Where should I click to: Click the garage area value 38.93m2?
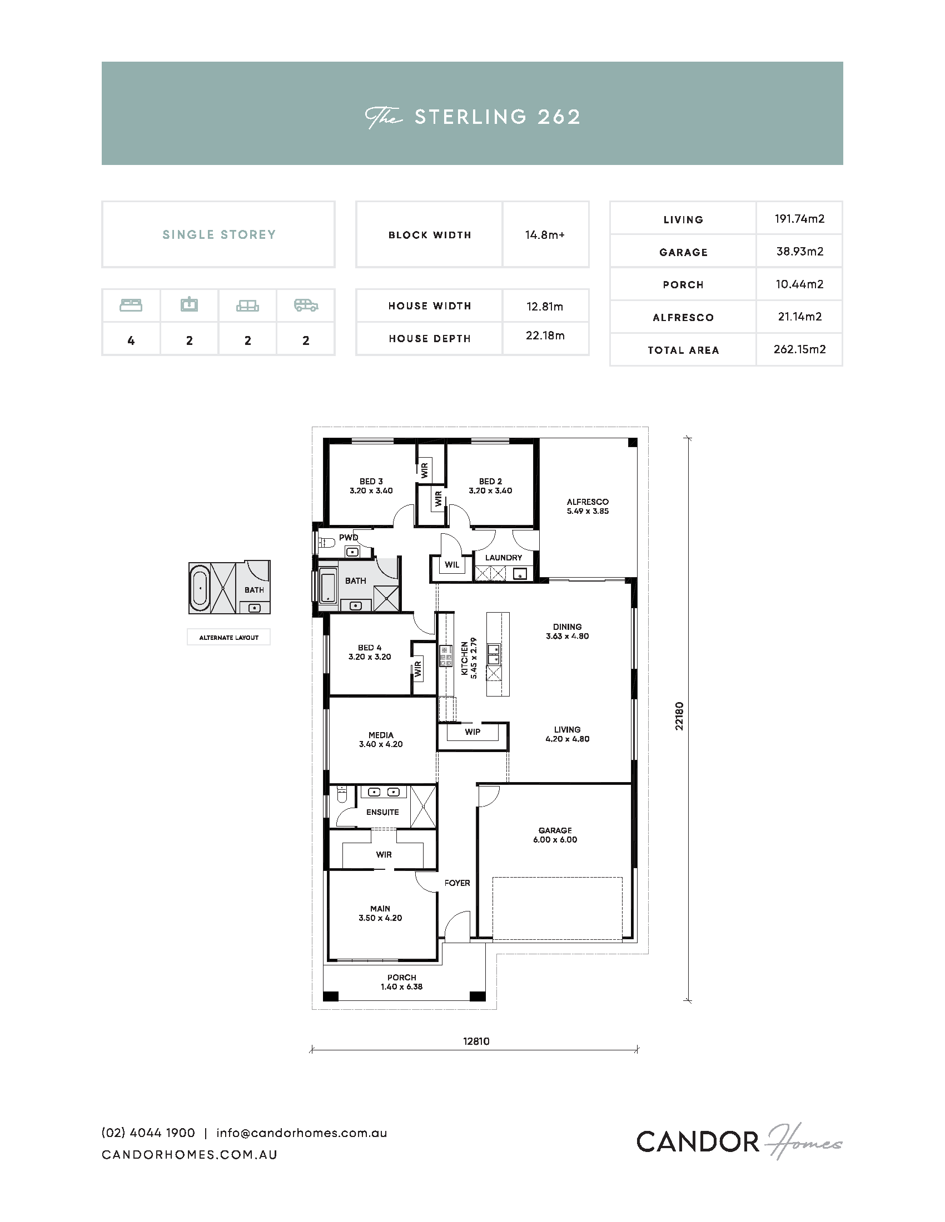tap(799, 252)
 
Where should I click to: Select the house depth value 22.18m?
tap(545, 335)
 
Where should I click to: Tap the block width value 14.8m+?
tap(545, 235)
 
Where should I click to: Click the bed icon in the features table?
tap(131, 305)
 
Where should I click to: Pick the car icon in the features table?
tap(306, 305)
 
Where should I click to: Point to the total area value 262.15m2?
tap(799, 349)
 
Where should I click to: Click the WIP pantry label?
tap(472, 732)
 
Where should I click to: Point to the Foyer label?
tap(457, 883)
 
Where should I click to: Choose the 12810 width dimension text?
tap(476, 1041)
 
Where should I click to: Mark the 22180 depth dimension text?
tap(679, 716)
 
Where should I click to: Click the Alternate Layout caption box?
tap(229, 637)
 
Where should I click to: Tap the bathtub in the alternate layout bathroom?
tap(200, 588)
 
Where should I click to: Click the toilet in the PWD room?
tap(326, 542)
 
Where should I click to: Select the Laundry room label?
tap(503, 558)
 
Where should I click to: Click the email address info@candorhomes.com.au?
tap(302, 1133)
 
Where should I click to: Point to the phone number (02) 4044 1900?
tap(148, 1133)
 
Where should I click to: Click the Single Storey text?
tap(219, 234)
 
